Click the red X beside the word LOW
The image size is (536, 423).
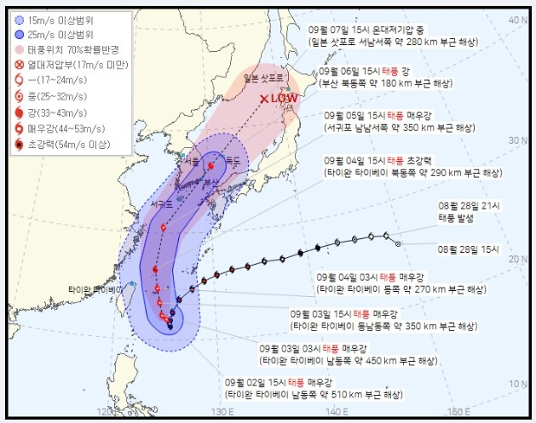coord(264,99)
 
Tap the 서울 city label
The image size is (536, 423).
coord(193,159)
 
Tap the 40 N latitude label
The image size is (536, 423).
coord(513,20)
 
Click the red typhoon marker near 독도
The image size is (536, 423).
coord(210,166)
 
